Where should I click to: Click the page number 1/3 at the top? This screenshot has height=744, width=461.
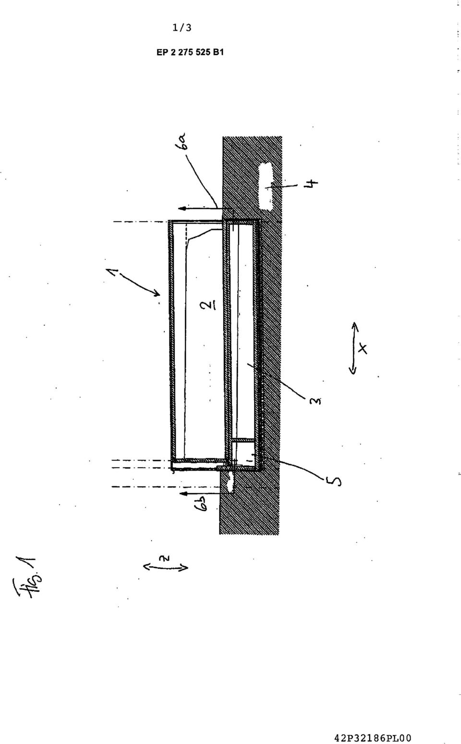[182, 27]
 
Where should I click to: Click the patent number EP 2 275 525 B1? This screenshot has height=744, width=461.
[190, 52]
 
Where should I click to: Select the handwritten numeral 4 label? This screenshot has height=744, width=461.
[312, 183]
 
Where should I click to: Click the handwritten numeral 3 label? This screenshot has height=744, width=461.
[315, 401]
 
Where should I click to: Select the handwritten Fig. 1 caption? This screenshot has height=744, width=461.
[28, 576]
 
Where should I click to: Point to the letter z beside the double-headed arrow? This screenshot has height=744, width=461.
[167, 558]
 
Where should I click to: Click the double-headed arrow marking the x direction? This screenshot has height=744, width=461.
[353, 348]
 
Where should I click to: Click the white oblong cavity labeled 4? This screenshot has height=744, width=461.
[266, 186]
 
